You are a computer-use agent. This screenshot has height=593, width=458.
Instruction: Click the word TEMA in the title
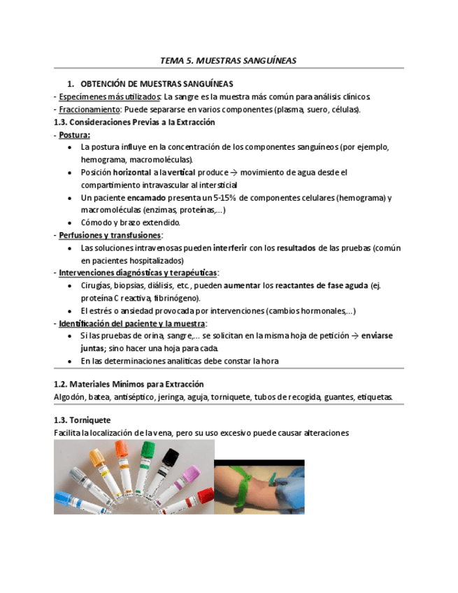tap(172, 61)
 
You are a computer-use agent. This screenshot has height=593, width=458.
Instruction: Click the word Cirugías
tap(97, 286)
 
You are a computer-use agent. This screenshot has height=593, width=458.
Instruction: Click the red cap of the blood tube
tap(205, 496)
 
